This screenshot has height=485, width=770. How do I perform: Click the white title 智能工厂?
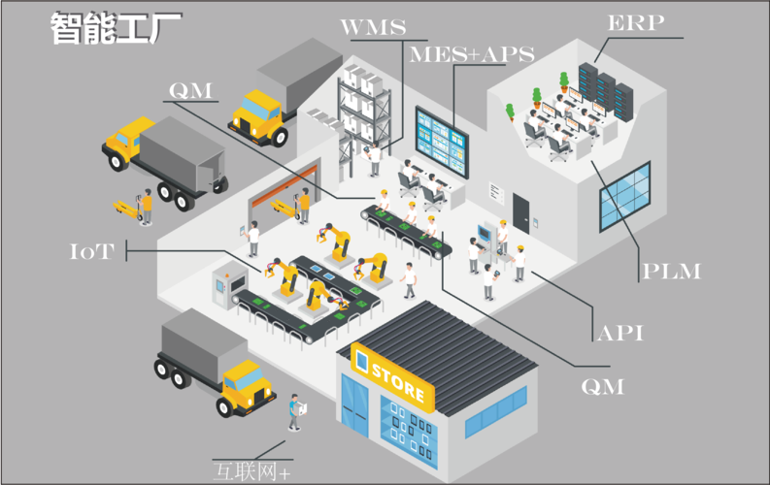coord(116,27)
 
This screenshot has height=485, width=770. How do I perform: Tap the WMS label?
coord(373,27)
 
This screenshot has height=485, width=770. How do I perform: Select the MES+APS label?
coord(472,54)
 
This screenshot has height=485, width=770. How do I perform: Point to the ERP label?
coord(636,22)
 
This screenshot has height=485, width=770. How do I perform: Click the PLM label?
coord(671,272)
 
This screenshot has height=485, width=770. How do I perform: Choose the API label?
coord(620,333)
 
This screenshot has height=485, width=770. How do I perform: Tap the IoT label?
coord(92,251)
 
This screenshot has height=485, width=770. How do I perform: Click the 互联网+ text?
coord(251,471)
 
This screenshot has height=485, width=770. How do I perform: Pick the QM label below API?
coord(603,387)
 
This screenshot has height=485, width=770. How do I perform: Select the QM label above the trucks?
coord(190,91)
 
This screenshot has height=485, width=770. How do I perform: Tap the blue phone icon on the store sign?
coord(361,362)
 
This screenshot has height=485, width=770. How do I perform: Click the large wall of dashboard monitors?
coord(442,141)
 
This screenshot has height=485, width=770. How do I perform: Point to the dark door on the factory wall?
coord(521,212)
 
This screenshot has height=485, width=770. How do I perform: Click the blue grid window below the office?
coord(625,196)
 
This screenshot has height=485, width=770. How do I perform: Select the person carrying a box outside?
coord(295,412)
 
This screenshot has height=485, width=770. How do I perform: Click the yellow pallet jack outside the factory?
coord(127,210)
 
